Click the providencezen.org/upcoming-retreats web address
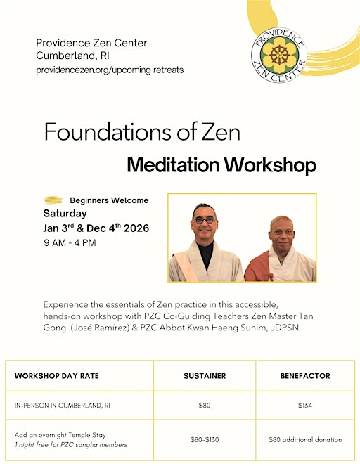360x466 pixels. pyautogui.click(x=110, y=70)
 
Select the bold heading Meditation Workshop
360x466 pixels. pyautogui.click(x=221, y=165)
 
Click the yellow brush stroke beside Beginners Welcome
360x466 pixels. pyautogui.click(x=53, y=200)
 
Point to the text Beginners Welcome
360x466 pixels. pyautogui.click(x=109, y=200)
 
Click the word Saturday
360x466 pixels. pyautogui.click(x=65, y=213)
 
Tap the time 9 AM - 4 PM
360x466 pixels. pyautogui.click(x=70, y=243)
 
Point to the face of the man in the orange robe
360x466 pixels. pyautogui.click(x=281, y=235)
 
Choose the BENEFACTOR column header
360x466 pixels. pyautogui.click(x=305, y=376)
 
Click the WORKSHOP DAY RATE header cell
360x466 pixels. pyautogui.click(x=57, y=376)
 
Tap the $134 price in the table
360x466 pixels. pyautogui.click(x=305, y=406)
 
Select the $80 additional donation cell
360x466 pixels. pyautogui.click(x=305, y=439)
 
